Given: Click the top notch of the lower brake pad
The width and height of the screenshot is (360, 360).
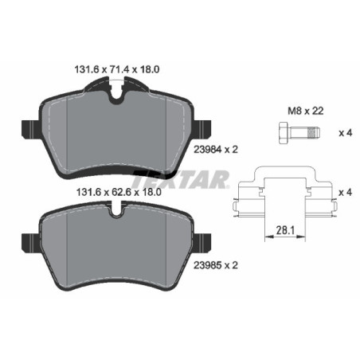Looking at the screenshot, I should [117, 213].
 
